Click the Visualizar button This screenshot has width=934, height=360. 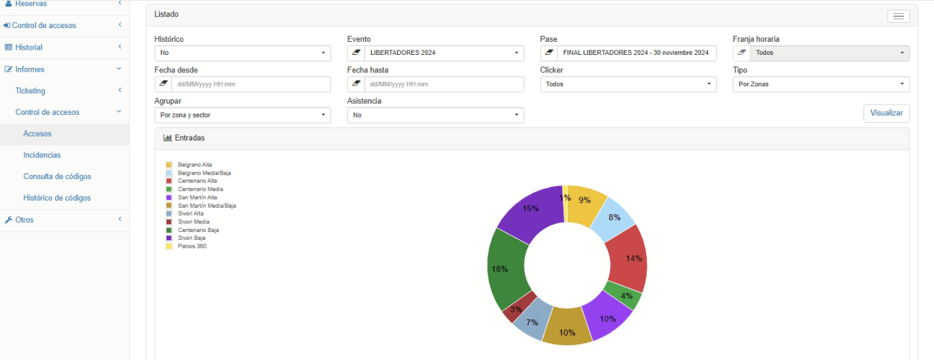coord(886,113)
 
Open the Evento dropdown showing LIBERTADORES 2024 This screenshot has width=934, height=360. coord(444,53)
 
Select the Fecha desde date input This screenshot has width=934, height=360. coord(251,84)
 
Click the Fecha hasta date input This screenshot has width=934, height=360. coord(444,84)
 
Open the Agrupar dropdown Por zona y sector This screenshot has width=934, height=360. coord(243,115)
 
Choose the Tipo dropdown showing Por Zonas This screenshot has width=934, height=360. coord(821,84)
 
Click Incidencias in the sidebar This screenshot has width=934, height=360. coord(42,155)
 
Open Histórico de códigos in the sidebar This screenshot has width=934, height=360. coord(57,198)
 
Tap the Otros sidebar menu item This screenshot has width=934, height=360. coord(24,220)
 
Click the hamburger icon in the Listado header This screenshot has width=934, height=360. coord(898,16)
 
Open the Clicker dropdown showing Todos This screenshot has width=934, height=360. coord(628,84)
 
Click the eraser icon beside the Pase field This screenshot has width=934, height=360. coord(549,53)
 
